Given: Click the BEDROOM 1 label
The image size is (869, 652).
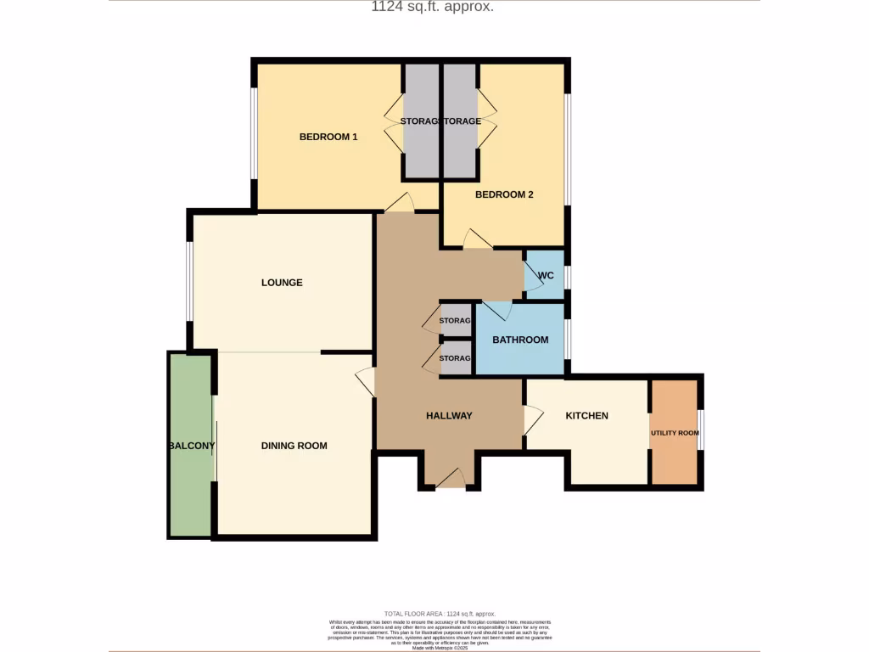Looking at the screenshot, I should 328,137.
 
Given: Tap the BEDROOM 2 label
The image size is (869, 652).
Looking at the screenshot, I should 504,194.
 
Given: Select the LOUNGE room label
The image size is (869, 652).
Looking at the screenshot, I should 282,283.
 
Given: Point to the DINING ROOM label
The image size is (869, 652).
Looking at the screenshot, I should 294,446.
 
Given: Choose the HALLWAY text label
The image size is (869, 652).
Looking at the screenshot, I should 449,416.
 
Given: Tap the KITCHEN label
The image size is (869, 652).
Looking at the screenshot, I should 587,416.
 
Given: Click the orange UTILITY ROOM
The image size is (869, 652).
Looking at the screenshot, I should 675,433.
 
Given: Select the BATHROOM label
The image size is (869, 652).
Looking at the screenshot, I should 520,340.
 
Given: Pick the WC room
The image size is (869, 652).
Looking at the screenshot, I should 546,275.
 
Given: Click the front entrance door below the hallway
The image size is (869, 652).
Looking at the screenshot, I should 450,480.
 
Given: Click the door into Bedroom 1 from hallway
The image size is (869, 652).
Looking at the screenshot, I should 399,204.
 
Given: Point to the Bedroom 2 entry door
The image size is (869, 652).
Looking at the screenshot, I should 477,241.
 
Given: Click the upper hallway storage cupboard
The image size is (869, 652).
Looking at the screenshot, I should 456,320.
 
